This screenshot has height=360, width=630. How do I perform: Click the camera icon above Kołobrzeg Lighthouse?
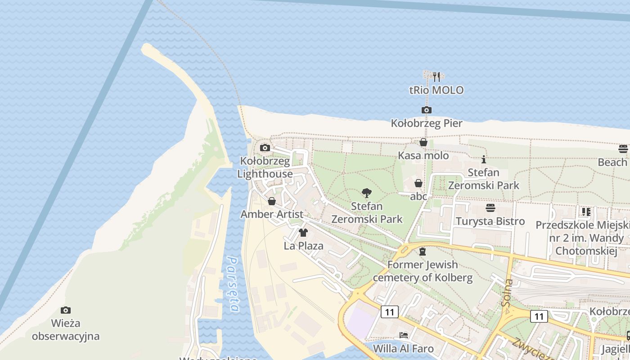[x=265, y=148]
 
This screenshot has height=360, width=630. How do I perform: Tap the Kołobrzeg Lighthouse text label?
[x=265, y=167]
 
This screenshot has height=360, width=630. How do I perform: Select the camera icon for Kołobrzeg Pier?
[x=426, y=110]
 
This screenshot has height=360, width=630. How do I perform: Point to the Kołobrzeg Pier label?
[x=426, y=123]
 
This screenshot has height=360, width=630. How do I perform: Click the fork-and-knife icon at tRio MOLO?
[x=436, y=77]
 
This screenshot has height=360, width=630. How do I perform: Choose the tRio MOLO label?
[x=436, y=90]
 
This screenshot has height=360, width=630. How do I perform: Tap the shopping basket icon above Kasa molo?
[x=423, y=143]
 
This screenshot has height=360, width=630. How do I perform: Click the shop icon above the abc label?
[x=418, y=183]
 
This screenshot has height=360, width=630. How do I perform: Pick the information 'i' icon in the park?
[x=484, y=159]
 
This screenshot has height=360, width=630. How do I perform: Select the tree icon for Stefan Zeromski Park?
[x=367, y=193]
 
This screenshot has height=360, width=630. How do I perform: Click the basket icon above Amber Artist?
[x=272, y=201]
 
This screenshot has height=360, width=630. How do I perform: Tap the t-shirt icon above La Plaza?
[x=303, y=233]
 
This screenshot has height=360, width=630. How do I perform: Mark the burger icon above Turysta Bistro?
[x=490, y=208]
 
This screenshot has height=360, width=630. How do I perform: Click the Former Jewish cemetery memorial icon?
[x=422, y=252]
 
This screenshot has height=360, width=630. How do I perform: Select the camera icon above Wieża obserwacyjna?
[x=66, y=310]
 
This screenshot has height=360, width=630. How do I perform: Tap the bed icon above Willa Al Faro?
[x=404, y=335]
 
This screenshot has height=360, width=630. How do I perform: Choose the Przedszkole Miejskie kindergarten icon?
[x=586, y=211]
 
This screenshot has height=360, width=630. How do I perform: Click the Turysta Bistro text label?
[x=490, y=221]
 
